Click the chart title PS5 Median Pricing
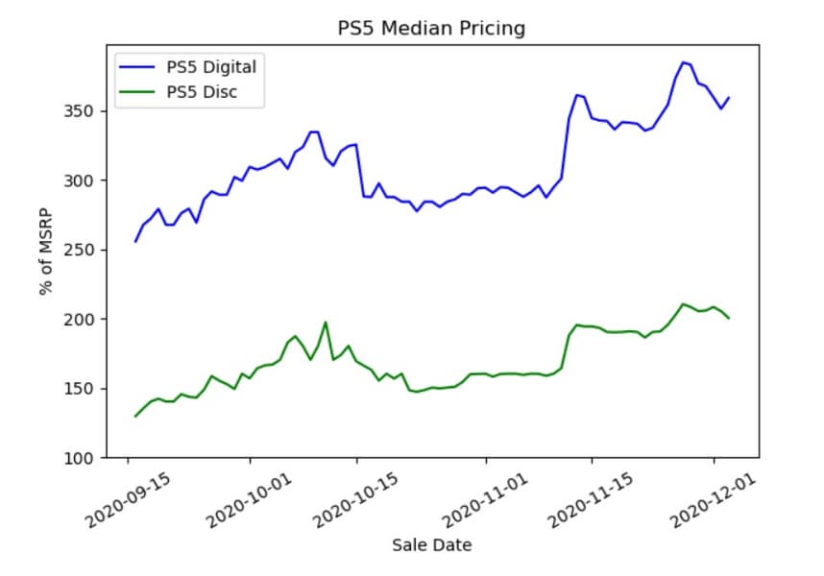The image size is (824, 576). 431,29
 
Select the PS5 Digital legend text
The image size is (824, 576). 210,66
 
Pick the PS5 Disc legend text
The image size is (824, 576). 201,92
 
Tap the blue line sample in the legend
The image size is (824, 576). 137,66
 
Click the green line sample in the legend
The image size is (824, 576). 137,92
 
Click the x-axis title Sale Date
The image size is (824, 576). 431,545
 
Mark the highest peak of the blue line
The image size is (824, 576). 682,62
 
